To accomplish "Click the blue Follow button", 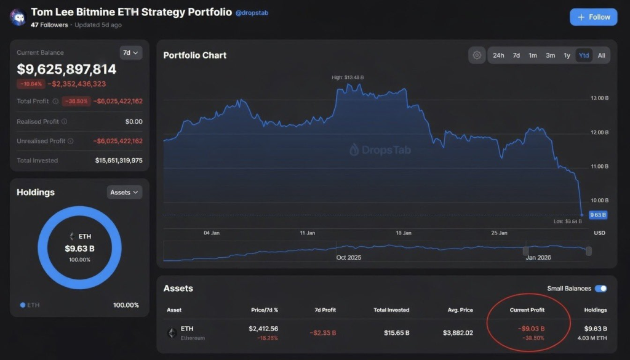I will [594, 17].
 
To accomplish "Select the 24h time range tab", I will [498, 55].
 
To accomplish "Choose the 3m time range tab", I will [550, 55].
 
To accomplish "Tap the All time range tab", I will [601, 55].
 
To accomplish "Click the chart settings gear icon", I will [477, 55].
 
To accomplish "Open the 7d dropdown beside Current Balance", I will [130, 53].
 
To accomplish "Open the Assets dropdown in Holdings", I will [124, 193].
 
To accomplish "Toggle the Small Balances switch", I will [600, 289].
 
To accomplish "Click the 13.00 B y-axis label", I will [599, 98].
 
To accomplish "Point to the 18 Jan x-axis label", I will [404, 233].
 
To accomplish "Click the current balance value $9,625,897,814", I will [66, 70].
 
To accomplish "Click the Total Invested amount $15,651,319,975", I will [119, 161].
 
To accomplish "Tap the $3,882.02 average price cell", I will [458, 333].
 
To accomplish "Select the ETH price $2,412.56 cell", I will [263, 329].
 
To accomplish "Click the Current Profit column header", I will [527, 310].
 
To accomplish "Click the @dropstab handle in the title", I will [252, 13].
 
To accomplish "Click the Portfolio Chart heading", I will [194, 55].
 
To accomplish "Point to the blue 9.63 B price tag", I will [597, 215].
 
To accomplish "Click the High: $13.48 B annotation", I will [348, 78].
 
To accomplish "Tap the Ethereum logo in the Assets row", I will [172, 333].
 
